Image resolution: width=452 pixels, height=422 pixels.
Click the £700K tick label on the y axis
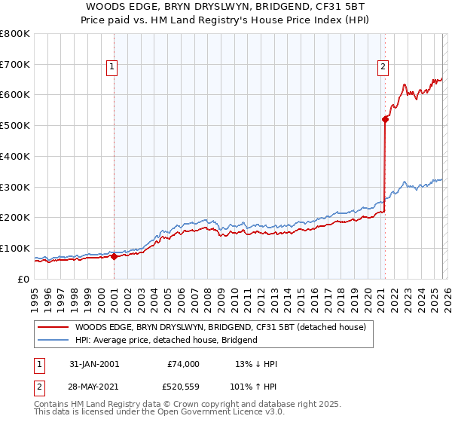15,65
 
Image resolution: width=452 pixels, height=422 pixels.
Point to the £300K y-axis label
15,187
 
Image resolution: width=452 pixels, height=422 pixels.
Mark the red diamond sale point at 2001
114,256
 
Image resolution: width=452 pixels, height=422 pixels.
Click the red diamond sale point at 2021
385,119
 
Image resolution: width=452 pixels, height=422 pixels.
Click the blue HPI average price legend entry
166,340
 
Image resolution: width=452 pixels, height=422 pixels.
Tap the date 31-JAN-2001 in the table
94,364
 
